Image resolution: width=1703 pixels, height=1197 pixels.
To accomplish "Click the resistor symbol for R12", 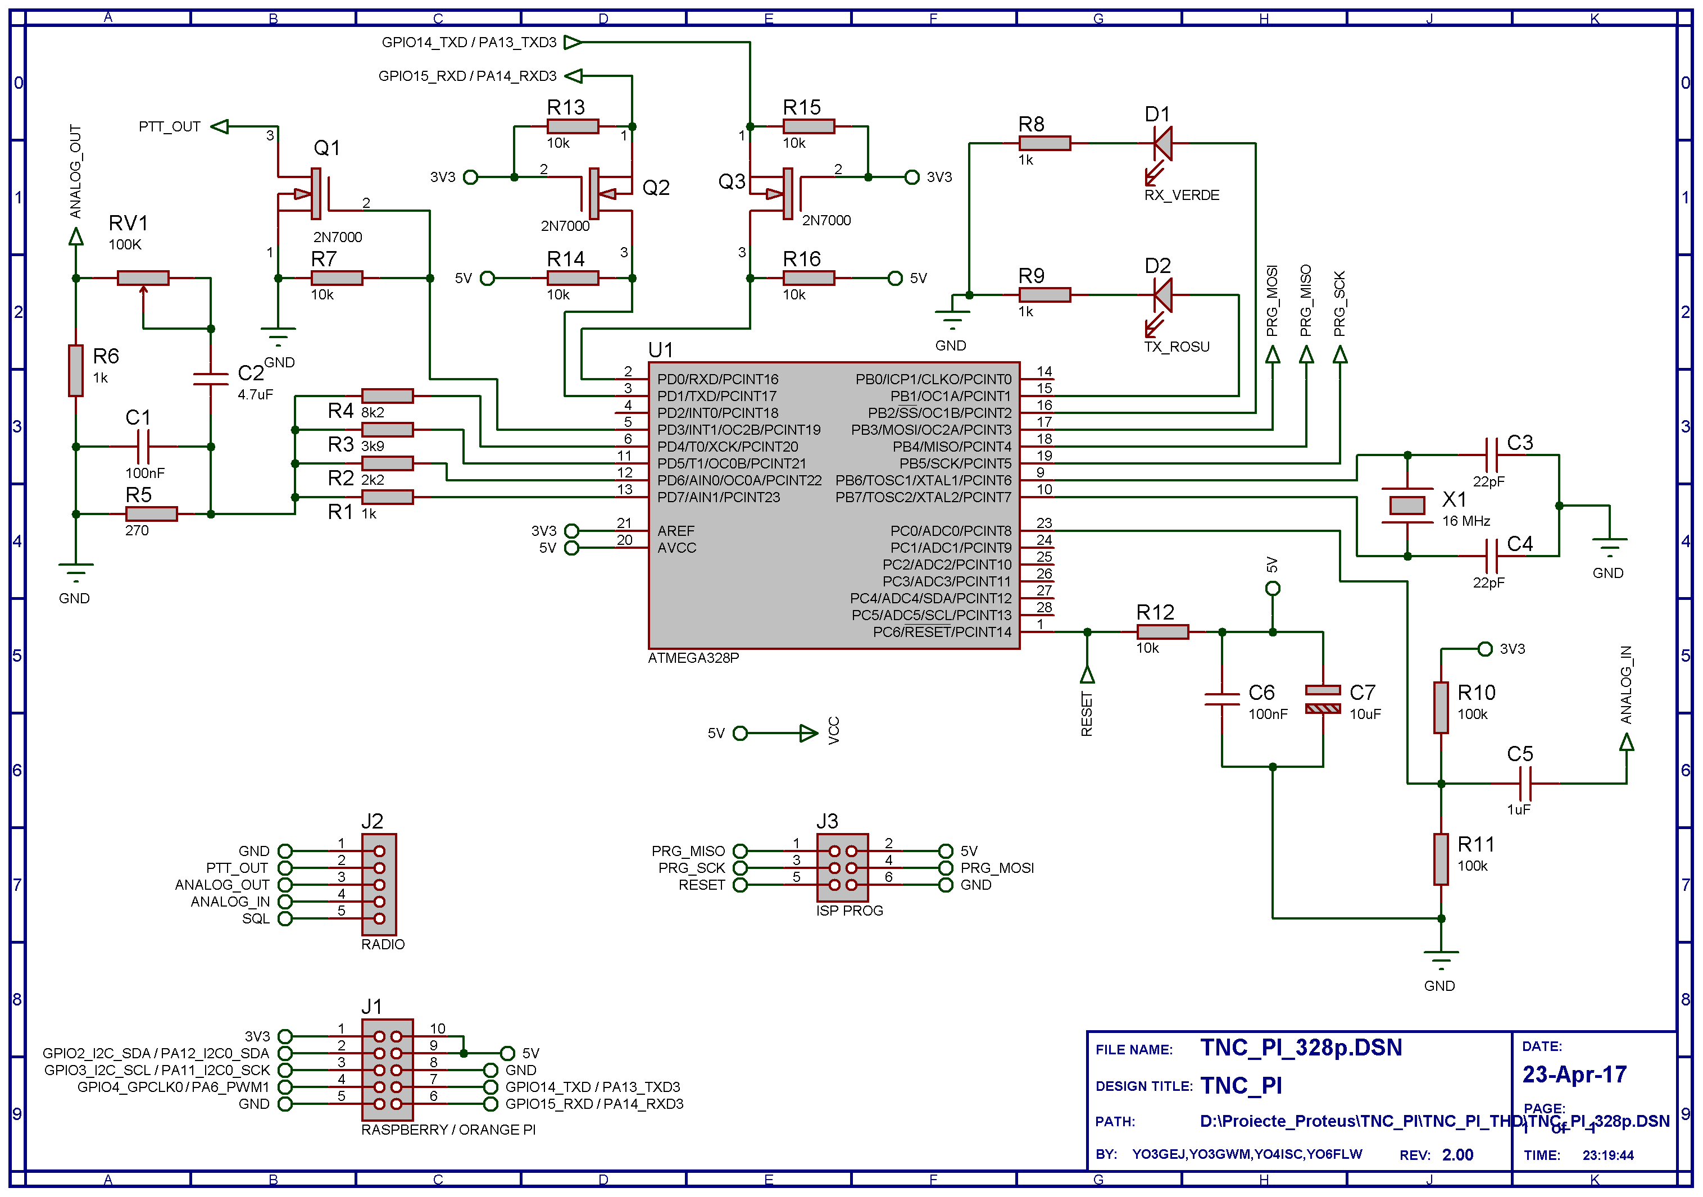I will tap(1162, 632).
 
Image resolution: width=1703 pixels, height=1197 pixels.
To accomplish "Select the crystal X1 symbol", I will tap(1406, 506).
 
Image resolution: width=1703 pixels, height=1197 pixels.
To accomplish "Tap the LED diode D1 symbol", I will tap(1162, 143).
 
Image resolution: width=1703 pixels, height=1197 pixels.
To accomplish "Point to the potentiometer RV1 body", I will tap(143, 278).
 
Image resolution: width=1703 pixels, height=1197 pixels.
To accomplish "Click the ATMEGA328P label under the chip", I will tap(693, 658).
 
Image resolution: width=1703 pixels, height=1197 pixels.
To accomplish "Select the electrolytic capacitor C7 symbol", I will tap(1323, 699).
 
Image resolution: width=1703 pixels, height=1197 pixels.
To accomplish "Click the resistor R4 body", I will tap(387, 396).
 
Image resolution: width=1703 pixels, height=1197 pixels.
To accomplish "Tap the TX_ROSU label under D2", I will tap(1177, 347).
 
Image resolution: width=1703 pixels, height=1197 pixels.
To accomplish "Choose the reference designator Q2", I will tap(656, 188).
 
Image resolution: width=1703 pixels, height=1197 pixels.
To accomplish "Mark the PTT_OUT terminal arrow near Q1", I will tap(220, 127).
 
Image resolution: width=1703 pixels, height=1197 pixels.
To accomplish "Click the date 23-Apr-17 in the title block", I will tap(1574, 1075).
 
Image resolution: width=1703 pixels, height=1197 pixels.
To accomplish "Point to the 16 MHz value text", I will tap(1466, 521).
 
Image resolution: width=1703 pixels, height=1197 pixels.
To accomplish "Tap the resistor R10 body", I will tap(1441, 708).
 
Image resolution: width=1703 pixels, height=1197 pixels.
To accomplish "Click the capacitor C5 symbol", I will tap(1525, 783).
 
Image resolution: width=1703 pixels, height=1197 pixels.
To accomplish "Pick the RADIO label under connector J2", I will tap(383, 945).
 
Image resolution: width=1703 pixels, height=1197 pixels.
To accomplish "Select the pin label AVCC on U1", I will tap(676, 548).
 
